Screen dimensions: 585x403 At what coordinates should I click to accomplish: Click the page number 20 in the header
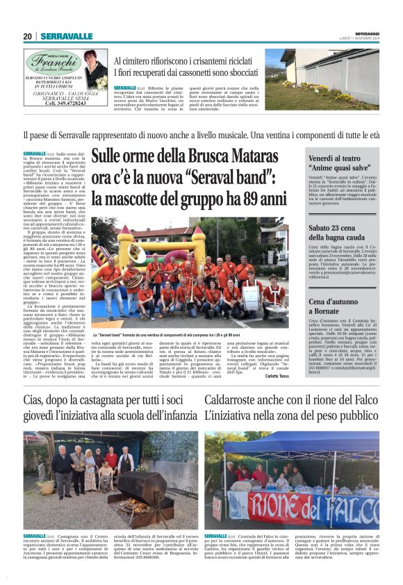point(27,36)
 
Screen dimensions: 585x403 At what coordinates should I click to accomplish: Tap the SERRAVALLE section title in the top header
point(67,36)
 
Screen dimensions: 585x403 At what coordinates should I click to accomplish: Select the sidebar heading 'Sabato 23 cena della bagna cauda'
point(340,231)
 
